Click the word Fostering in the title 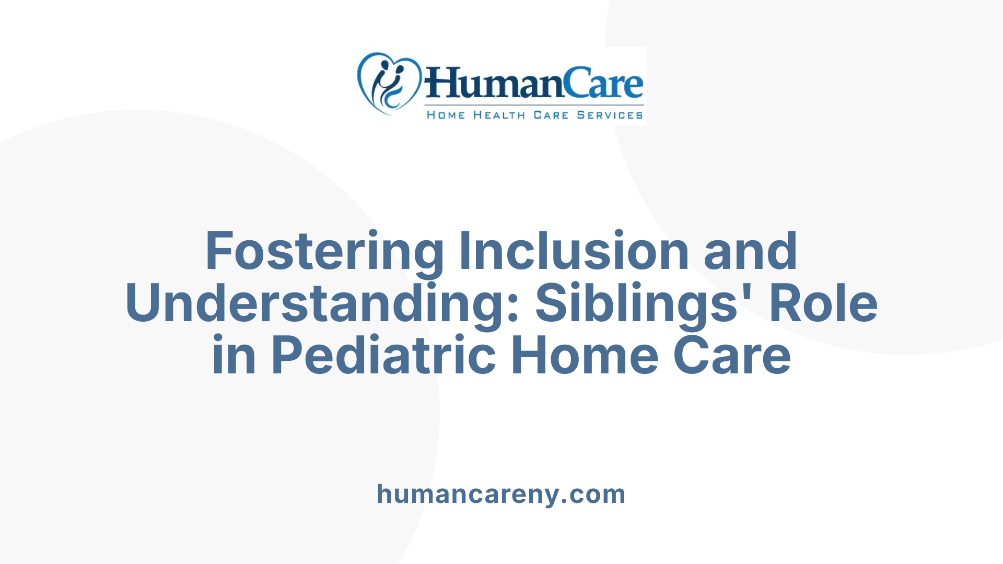(x=324, y=252)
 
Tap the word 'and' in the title (x=750, y=252)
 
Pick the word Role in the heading (x=823, y=304)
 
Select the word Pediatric (x=383, y=356)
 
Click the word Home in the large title (x=584, y=356)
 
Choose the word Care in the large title (x=731, y=356)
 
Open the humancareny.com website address (x=501, y=494)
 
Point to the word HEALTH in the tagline (x=499, y=115)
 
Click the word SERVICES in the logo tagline (x=610, y=115)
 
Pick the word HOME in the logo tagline (x=446, y=115)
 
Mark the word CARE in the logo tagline (x=551, y=115)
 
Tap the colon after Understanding (x=512, y=308)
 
